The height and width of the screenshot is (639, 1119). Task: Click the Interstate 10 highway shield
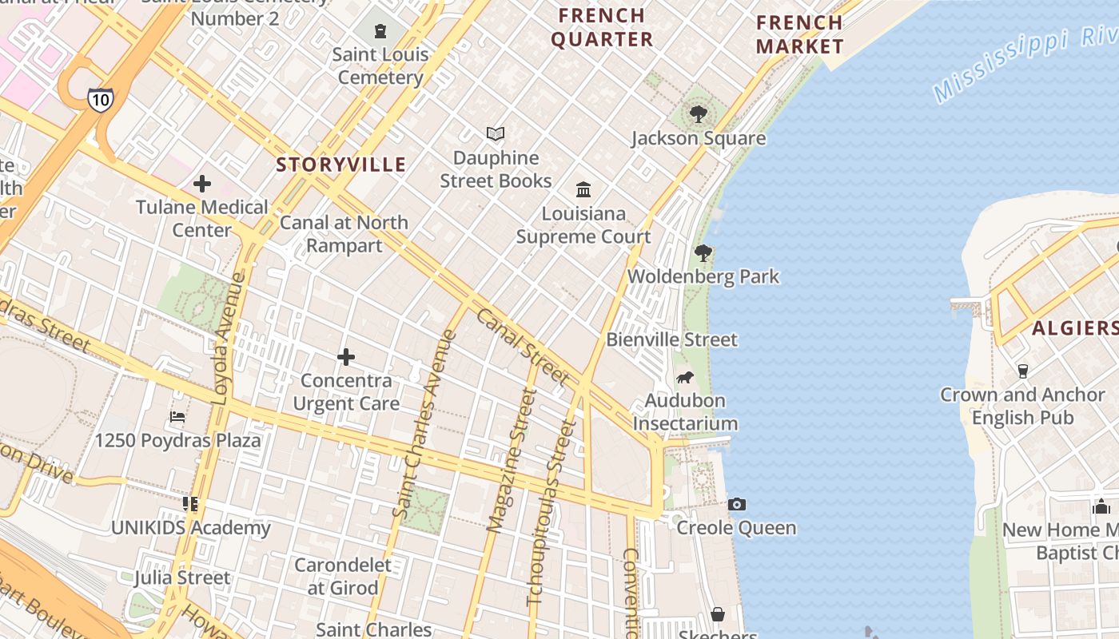click(101, 99)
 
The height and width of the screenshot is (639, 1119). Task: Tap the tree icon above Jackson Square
click(699, 114)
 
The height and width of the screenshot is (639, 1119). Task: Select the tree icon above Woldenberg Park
click(703, 253)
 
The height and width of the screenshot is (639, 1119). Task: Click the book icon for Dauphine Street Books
click(496, 134)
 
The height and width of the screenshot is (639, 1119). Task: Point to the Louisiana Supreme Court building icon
click(583, 190)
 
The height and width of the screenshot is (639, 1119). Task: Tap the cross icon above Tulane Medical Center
click(202, 184)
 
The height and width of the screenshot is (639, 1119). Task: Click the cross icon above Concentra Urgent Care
click(346, 356)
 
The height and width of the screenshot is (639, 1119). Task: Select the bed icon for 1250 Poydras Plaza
click(177, 417)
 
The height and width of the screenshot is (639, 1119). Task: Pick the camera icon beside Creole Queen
click(737, 504)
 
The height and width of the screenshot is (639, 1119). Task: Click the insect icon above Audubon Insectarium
click(685, 377)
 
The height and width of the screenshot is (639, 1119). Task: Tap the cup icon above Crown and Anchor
click(1022, 371)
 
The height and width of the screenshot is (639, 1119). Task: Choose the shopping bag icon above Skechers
click(718, 614)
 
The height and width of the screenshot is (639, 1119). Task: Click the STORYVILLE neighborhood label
click(341, 165)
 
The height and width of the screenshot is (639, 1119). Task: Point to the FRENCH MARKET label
click(799, 34)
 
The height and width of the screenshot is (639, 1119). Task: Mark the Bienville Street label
click(671, 339)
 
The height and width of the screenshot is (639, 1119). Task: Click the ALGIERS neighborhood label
click(1073, 327)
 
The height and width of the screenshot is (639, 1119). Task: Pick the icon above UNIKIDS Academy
click(189, 504)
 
